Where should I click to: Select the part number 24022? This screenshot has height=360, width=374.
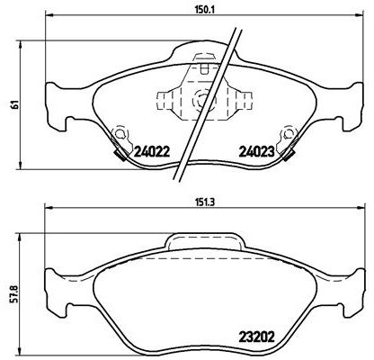[152, 152]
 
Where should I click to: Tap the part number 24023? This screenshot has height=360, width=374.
[256, 152]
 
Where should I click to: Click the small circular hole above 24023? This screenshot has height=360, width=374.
[288, 135]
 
